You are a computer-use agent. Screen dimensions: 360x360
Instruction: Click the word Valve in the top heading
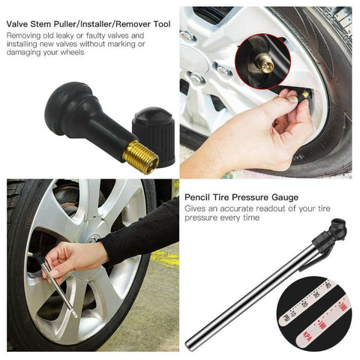pyautogui.click(x=20, y=25)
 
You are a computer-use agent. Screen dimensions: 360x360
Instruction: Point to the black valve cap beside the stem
pyautogui.click(x=154, y=135)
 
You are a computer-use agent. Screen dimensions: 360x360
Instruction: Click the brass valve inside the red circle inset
pyautogui.click(x=266, y=66)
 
